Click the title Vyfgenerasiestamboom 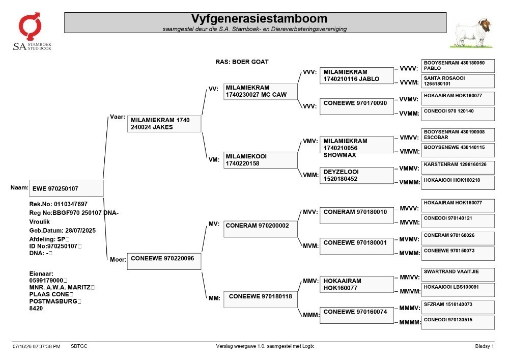[259, 18]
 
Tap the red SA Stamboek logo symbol [30, 26]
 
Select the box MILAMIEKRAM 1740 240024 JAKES [164, 124]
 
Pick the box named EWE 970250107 [66, 188]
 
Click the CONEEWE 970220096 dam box [164, 261]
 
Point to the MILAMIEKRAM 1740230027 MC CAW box [260, 91]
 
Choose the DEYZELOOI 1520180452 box [356, 175]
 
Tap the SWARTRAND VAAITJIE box [458, 274]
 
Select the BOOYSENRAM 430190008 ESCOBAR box [458, 135]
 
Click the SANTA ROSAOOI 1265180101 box [458, 81]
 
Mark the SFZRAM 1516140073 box [458, 307]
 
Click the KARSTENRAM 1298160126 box [458, 168]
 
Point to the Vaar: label [118, 117]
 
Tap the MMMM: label [410, 322]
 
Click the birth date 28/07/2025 [80, 231]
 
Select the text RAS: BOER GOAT [242, 62]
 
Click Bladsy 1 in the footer [485, 346]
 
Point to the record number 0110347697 [70, 204]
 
